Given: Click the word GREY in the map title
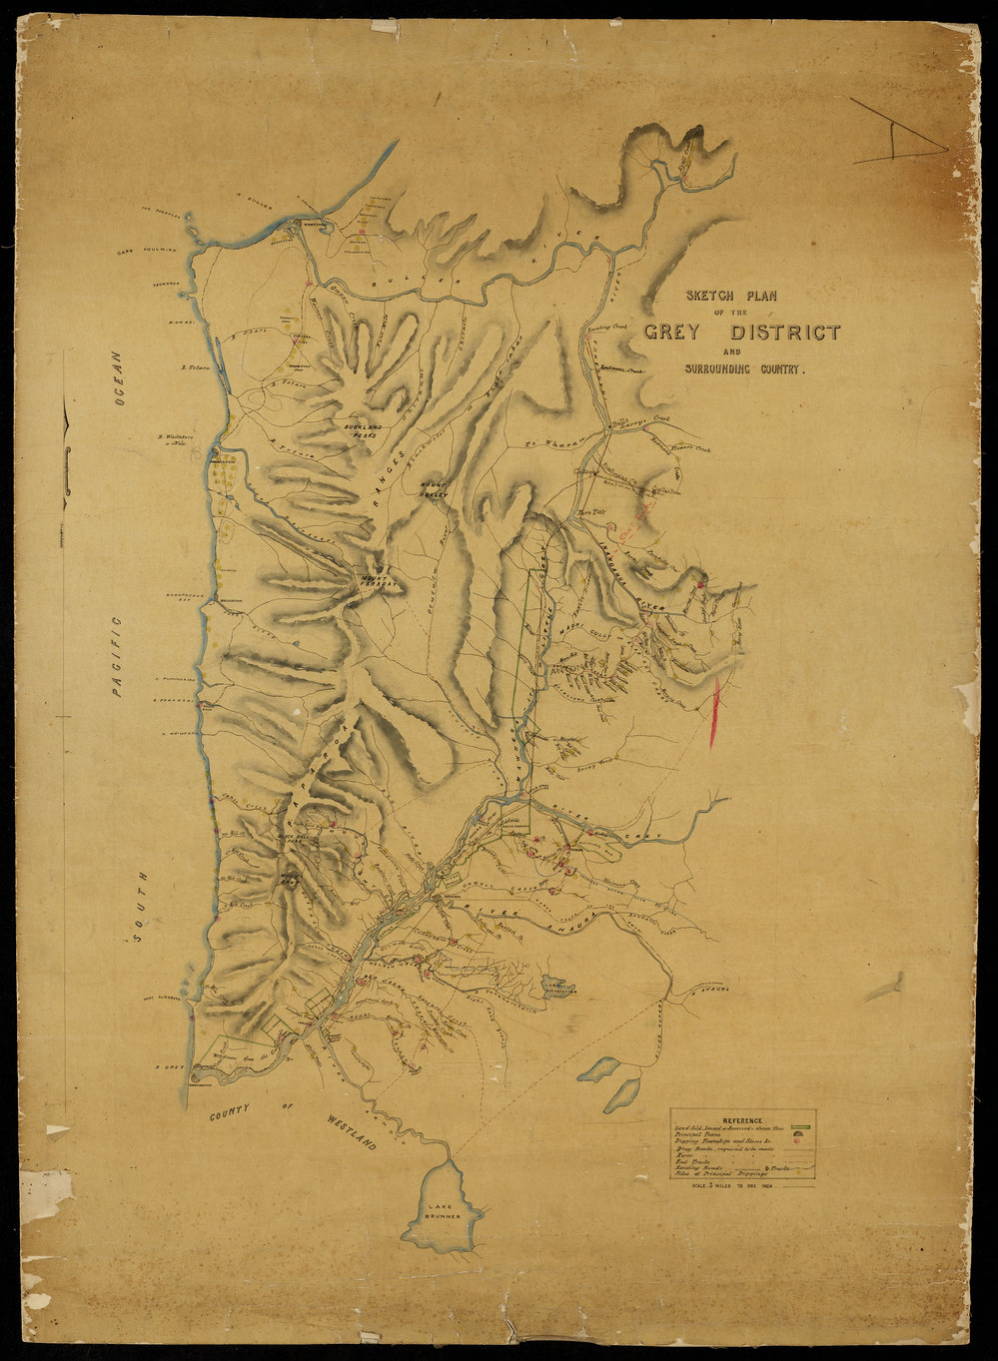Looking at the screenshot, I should pyautogui.click(x=679, y=333).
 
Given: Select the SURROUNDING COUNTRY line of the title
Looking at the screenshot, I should pyautogui.click(x=744, y=369).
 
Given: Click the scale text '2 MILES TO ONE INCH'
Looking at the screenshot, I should pyautogui.click(x=741, y=1185).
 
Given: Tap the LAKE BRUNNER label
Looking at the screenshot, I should pyautogui.click(x=443, y=1212).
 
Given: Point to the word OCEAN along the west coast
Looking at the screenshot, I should pyautogui.click(x=117, y=377).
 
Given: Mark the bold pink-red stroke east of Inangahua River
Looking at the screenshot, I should pyautogui.click(x=714, y=712).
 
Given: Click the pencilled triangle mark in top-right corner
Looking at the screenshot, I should pyautogui.click(x=897, y=135).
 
